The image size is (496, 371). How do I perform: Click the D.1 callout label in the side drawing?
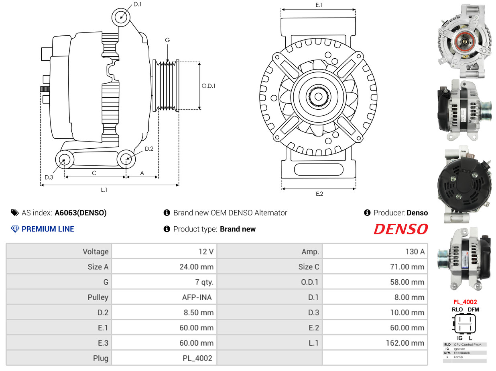(x=137, y=4)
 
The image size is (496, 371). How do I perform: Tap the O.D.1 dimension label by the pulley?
(x=208, y=86)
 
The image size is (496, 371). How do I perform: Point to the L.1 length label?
(x=104, y=190)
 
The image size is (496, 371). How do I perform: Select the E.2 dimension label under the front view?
(x=319, y=194)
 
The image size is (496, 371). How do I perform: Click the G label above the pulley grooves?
(x=167, y=40)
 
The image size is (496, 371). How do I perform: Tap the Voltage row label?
(x=96, y=252)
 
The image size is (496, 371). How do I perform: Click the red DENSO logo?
(x=400, y=229)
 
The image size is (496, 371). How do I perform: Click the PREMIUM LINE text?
(x=48, y=229)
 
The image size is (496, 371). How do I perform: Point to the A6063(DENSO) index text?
(x=81, y=213)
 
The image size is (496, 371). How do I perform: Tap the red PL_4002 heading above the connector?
(x=465, y=302)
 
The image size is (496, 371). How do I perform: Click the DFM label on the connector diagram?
(x=473, y=310)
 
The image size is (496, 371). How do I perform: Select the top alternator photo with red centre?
(x=466, y=40)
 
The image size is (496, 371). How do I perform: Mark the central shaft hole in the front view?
(x=319, y=96)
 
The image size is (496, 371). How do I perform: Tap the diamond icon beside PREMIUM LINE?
(x=15, y=229)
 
